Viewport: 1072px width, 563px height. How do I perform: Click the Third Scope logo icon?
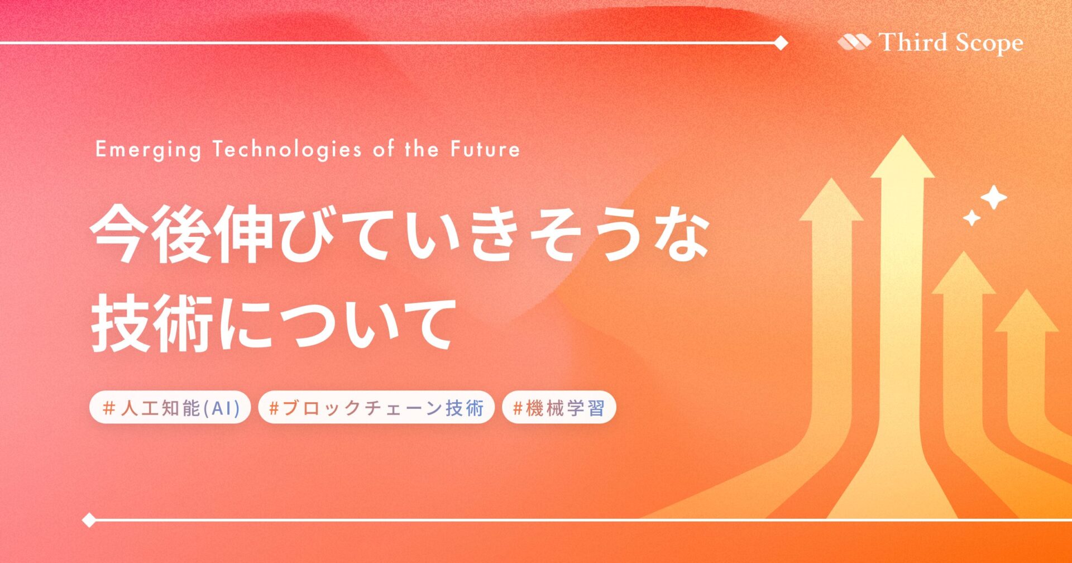point(854,42)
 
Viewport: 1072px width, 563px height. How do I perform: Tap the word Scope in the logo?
point(989,44)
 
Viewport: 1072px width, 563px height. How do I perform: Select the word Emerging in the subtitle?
point(148,150)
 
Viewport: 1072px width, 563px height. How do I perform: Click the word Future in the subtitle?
point(485,149)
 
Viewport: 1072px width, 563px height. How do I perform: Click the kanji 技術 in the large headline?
point(151,324)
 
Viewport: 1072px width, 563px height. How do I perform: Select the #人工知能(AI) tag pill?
point(170,408)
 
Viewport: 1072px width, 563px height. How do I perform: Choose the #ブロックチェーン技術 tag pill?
point(376,408)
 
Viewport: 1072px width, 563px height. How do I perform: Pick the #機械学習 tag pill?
point(559,408)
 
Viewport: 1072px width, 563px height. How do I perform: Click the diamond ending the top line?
point(781,42)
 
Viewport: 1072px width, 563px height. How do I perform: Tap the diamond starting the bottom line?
point(89,520)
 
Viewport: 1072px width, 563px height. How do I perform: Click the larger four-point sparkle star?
point(994,197)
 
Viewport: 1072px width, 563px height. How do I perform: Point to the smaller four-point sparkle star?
point(972,217)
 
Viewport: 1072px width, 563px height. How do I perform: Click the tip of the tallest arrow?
point(903,136)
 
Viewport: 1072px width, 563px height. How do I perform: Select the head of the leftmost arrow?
point(832,199)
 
